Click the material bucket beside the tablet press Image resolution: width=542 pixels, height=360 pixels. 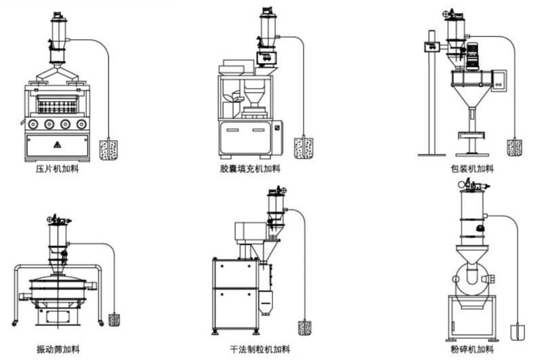click(x=108, y=149)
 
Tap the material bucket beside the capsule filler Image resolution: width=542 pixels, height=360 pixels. click(x=304, y=147)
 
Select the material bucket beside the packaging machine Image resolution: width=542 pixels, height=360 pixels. click(x=515, y=147)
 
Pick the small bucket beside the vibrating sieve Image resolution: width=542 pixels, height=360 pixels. click(x=114, y=319)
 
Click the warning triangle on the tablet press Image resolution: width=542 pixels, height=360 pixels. click(x=56, y=144)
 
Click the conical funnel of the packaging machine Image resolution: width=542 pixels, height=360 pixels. click(x=469, y=102)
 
